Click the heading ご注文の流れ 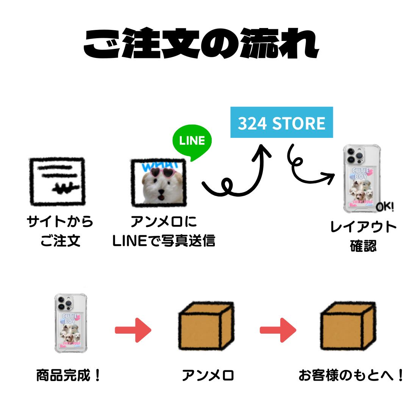tap(201, 45)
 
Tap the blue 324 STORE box tap(281, 123)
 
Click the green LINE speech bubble tap(192, 141)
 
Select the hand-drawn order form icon tap(57, 182)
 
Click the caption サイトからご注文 tap(60, 231)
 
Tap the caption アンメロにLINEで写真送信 tap(164, 231)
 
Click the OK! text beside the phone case tap(385, 207)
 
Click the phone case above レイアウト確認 tap(361, 179)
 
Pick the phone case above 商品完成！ tap(71, 323)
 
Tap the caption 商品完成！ tap(69, 376)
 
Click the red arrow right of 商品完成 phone tap(133, 330)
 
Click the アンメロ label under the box tap(208, 376)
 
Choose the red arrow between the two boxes tap(278, 330)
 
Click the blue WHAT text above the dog tap(159, 165)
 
